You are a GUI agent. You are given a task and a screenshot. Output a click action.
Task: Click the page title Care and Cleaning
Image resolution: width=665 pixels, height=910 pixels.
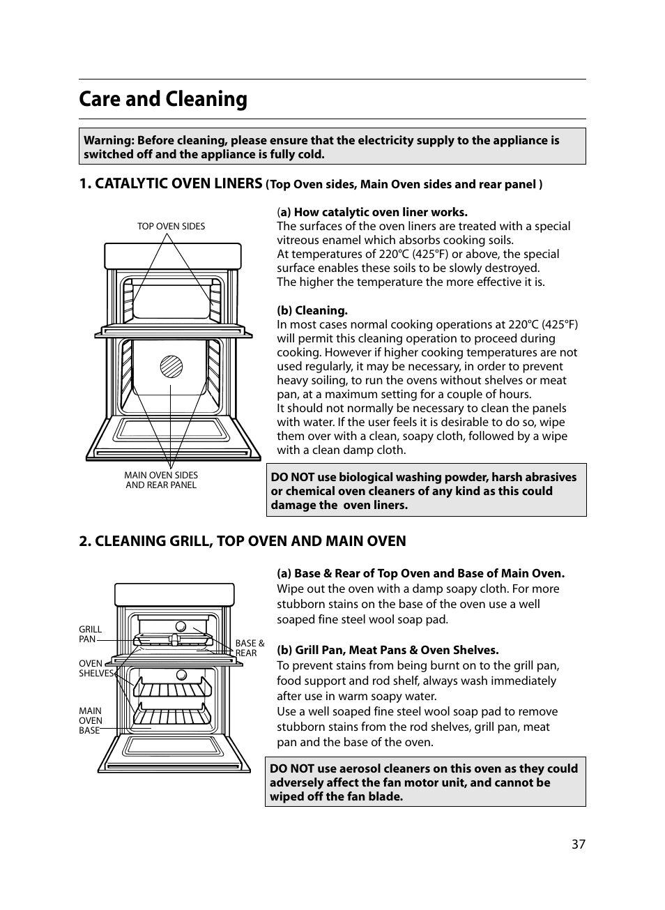point(163,100)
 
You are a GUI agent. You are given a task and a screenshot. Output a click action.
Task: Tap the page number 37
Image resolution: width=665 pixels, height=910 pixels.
point(578,844)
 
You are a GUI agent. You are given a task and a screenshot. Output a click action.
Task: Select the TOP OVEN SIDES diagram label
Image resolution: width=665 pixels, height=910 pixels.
point(171,227)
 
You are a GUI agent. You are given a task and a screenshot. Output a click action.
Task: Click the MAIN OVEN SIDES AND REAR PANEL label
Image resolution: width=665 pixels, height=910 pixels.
point(161,480)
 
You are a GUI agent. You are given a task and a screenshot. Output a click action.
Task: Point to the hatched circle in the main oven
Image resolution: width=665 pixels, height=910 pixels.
point(171,366)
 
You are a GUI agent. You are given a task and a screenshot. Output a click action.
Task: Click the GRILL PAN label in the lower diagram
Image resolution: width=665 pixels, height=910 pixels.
point(89,634)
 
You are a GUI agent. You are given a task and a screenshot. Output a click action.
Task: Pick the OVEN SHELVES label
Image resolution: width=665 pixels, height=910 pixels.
point(95,669)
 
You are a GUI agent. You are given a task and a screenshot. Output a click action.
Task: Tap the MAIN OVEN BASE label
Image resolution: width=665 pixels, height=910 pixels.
point(90,721)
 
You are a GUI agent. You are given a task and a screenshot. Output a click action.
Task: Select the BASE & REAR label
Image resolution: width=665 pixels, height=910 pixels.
point(249,649)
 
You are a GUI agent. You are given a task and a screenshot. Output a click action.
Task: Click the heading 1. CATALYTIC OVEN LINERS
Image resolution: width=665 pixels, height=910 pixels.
point(171,183)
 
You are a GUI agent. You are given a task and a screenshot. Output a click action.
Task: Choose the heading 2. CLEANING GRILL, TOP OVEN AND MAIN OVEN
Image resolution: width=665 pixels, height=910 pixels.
point(242,541)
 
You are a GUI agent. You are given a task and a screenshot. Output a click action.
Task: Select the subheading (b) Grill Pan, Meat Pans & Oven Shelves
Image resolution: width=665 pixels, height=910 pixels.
point(388,650)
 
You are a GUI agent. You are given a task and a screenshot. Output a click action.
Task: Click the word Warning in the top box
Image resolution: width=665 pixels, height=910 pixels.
point(107,141)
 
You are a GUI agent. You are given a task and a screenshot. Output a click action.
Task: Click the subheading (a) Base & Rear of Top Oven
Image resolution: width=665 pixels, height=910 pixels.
point(420,573)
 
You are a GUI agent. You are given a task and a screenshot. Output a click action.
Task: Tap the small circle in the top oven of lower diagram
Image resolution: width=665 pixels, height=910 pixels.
point(181,626)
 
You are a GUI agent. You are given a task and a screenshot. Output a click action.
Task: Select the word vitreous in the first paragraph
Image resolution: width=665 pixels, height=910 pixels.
point(298,241)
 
